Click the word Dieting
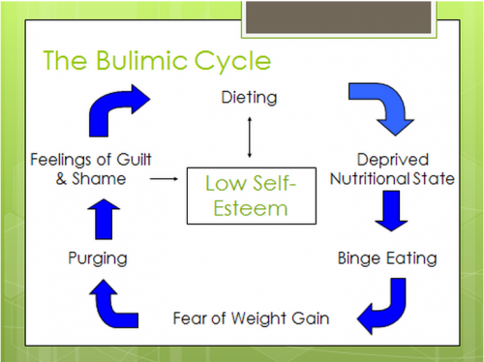[250, 99]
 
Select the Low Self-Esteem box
[251, 195]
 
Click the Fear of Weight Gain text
[249, 316]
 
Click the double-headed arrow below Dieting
[251, 135]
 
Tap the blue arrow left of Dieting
[115, 106]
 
